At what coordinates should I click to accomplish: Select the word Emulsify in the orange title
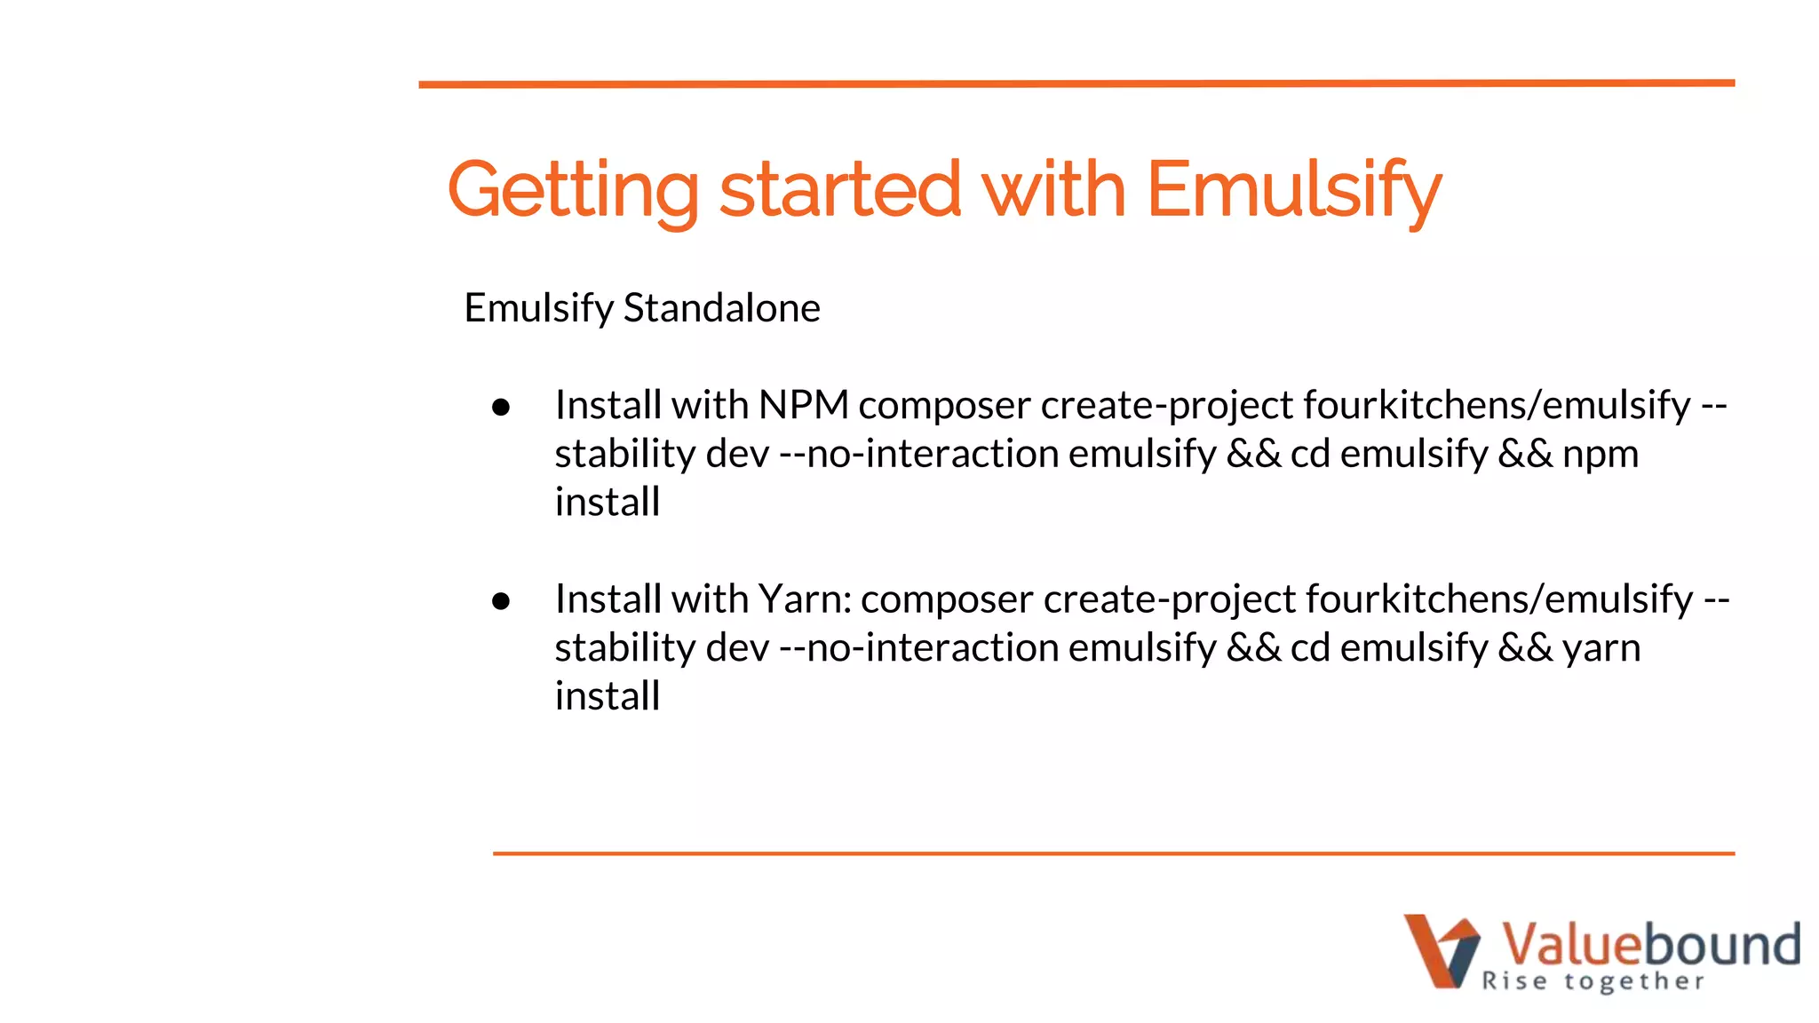[x=1293, y=190]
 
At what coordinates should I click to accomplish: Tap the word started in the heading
[x=839, y=190]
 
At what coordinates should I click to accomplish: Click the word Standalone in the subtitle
[x=721, y=308]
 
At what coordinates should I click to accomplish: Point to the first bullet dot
[x=501, y=407]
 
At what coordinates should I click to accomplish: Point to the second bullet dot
[x=501, y=601]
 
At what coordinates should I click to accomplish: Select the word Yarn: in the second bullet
[x=804, y=599]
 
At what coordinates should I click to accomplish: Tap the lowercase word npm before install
[x=1600, y=454]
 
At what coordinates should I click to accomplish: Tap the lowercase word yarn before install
[x=1601, y=648]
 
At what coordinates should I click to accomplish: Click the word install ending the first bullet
[x=608, y=502]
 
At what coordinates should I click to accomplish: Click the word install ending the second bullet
[x=608, y=696]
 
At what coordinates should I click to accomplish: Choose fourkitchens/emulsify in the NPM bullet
[x=1497, y=405]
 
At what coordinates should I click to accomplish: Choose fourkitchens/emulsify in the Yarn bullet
[x=1499, y=599]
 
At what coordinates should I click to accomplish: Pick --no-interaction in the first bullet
[x=919, y=454]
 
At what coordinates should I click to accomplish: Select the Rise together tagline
[x=1593, y=981]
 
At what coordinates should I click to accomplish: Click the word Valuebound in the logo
[x=1650, y=944]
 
